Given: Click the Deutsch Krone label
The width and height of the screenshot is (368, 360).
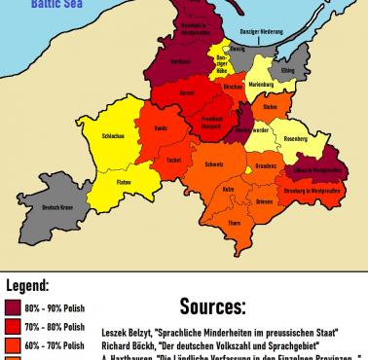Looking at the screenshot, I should pos(60,206).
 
